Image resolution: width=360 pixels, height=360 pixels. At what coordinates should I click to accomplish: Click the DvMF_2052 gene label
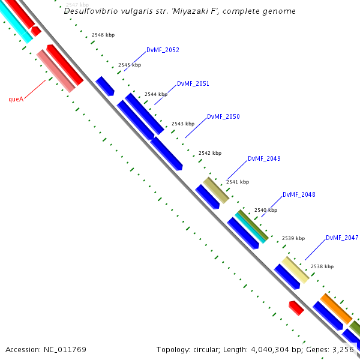tap(163, 50)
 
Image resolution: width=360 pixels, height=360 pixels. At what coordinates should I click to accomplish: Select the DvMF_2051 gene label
tap(193, 83)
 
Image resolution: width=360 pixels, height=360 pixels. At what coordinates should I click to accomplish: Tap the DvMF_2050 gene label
tap(223, 116)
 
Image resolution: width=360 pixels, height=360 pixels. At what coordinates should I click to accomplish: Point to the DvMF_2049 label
tap(264, 158)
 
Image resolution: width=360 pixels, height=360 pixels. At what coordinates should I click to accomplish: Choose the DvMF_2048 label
tap(299, 194)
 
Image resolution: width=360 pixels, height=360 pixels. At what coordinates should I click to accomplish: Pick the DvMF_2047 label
tap(342, 238)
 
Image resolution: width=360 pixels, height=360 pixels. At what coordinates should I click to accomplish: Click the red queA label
tap(16, 99)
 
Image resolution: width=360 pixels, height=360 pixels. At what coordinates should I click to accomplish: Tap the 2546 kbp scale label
tap(103, 35)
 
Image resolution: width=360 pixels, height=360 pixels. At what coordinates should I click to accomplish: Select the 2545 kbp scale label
tap(130, 65)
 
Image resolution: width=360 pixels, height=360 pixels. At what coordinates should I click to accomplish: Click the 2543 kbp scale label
tap(183, 124)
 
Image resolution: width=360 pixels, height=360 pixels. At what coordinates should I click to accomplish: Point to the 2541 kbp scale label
tap(237, 182)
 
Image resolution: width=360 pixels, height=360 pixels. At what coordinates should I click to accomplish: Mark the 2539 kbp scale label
tap(293, 238)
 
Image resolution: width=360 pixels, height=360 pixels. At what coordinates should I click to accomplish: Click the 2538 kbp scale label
tap(322, 266)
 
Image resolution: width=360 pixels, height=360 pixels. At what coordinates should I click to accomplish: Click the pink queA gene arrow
tap(56, 71)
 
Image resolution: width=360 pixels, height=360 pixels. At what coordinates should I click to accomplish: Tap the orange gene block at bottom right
tap(335, 308)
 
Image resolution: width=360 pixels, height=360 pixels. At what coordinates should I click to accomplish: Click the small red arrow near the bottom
tap(296, 308)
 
